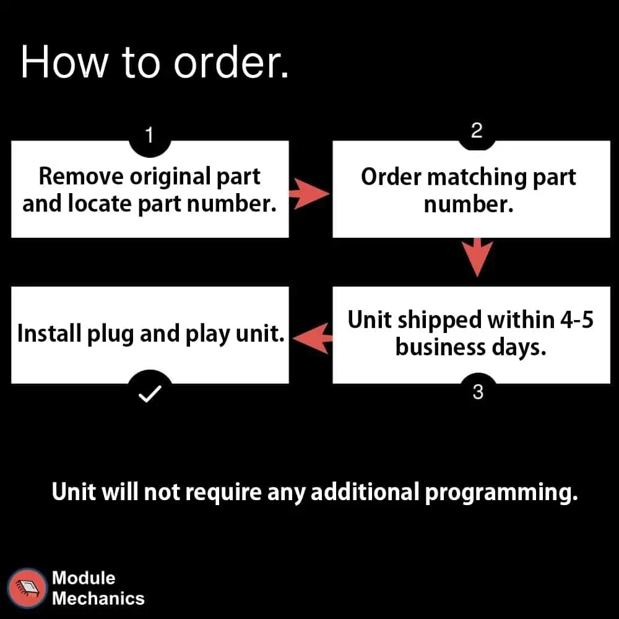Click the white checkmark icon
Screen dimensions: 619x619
coord(150,394)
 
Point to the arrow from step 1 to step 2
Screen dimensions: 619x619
coord(309,193)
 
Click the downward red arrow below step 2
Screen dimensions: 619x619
coord(477,257)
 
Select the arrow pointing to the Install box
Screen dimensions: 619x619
coord(313,339)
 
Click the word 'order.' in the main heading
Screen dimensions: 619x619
coord(232,63)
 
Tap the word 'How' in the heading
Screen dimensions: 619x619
coord(65,63)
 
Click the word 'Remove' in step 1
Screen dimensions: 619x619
coord(81,176)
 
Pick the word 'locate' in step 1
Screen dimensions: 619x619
coord(100,204)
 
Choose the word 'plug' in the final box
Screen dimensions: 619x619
coord(111,335)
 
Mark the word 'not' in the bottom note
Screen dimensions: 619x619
coord(162,493)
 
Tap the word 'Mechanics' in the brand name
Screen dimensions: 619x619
coord(98,599)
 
